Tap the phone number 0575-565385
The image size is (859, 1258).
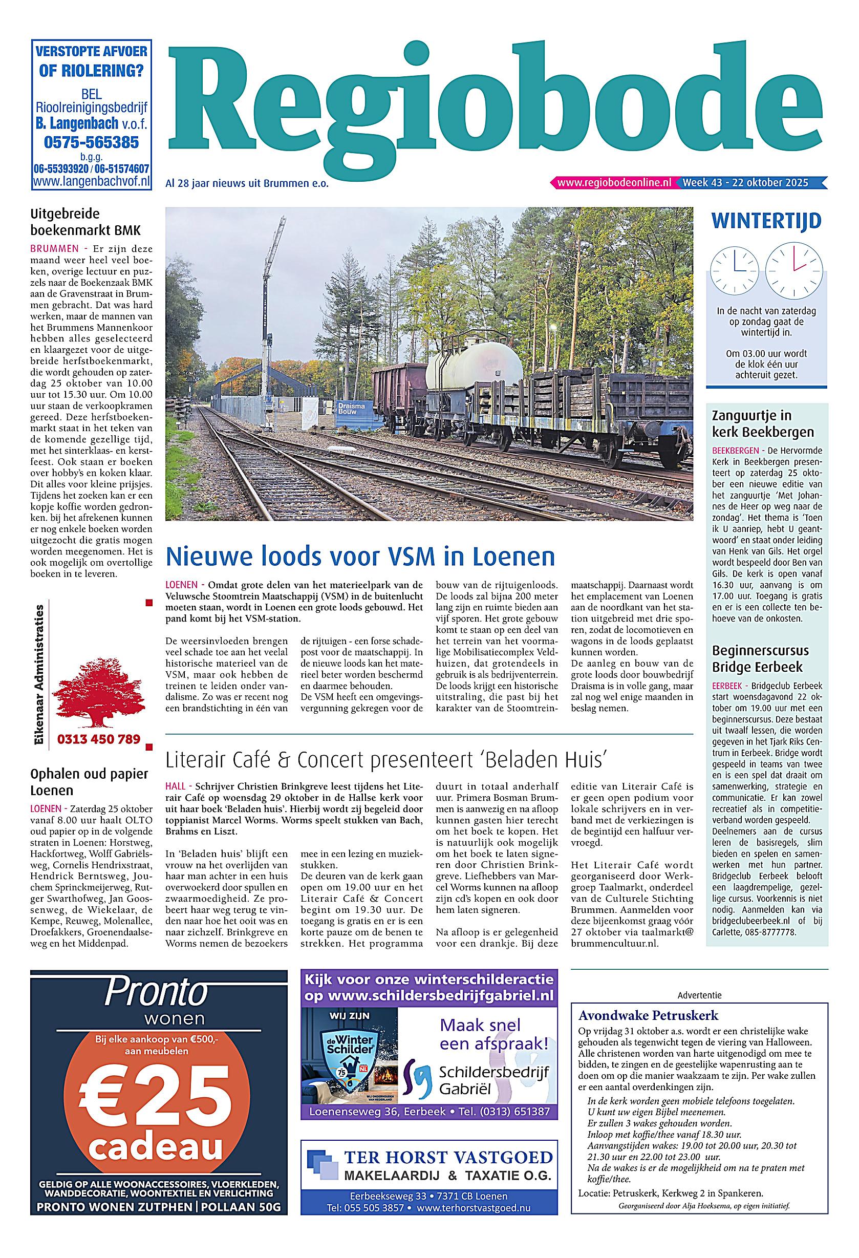[x=92, y=142]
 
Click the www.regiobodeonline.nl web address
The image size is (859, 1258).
[x=614, y=182]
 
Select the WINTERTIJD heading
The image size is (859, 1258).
[x=766, y=221]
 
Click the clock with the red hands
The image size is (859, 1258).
[x=793, y=271]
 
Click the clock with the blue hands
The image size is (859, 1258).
[x=735, y=271]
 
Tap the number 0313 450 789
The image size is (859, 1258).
[x=98, y=739]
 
